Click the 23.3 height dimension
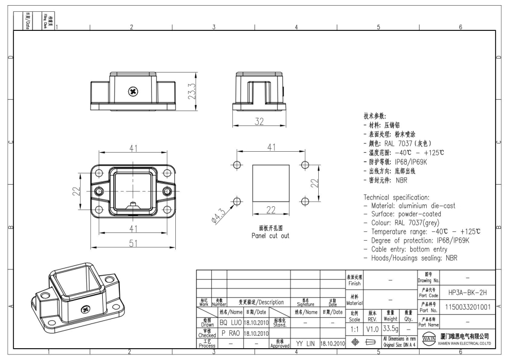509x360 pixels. [191, 91]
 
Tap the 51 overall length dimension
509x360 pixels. [134, 243]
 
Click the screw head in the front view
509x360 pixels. [133, 92]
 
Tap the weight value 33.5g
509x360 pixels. [392, 328]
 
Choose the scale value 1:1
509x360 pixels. [354, 328]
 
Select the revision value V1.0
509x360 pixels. [372, 328]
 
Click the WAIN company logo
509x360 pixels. [426, 340]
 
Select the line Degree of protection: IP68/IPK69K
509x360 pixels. [419, 241]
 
